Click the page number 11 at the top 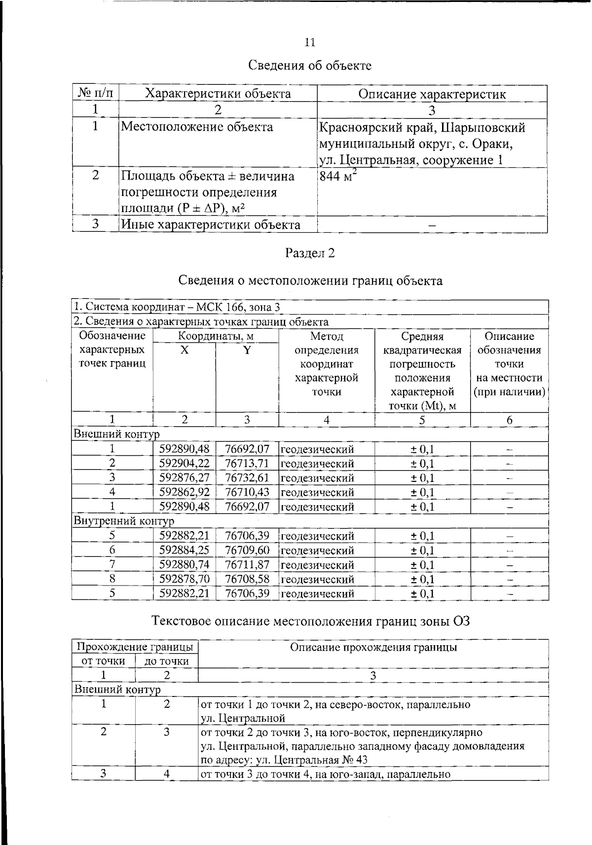coord(309,42)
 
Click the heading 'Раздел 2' coord(310,254)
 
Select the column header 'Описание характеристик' coord(432,94)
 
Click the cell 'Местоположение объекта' coord(197,127)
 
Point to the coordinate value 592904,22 coord(185,464)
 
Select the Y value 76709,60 coord(247,550)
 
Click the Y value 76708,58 coord(247,579)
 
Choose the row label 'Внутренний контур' coord(124,521)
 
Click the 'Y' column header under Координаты coord(247,350)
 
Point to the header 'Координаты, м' coord(216,337)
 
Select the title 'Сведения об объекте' coord(309,65)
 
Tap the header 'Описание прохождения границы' coord(373,647)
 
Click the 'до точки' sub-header coord(167,661)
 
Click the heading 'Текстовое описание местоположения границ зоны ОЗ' coord(310,621)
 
